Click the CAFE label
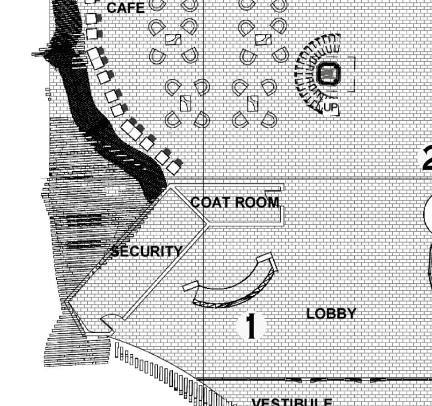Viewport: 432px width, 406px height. pyautogui.click(x=125, y=8)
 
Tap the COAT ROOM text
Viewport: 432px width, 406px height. pyautogui.click(x=235, y=202)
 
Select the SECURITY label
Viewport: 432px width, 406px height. pyautogui.click(x=147, y=251)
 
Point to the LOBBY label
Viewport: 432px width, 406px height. pyautogui.click(x=331, y=314)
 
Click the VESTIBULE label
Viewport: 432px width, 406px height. pyautogui.click(x=292, y=402)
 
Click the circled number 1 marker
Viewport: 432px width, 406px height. pyautogui.click(x=251, y=326)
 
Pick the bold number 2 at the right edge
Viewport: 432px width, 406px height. pyautogui.click(x=427, y=158)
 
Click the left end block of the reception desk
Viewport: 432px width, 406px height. pyautogui.click(x=191, y=287)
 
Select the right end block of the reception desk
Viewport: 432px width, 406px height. pyautogui.click(x=266, y=260)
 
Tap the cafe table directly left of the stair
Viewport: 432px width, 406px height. pyautogui.click(x=262, y=39)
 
